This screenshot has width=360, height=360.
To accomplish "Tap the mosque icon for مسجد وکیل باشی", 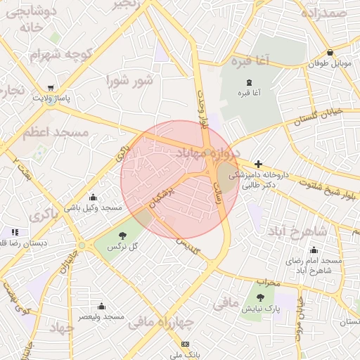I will click(93, 198).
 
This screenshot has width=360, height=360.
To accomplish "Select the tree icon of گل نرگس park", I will click(124, 236).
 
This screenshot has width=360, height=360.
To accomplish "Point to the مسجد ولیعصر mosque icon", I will click(102, 307).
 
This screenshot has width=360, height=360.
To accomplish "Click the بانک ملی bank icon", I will click(185, 344).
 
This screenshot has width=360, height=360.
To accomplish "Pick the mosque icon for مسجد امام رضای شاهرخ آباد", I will click(314, 250).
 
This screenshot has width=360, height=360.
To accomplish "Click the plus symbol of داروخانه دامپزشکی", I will click(258, 164).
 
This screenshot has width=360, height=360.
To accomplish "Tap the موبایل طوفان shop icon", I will click(330, 53).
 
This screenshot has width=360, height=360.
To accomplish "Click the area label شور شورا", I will click(129, 80).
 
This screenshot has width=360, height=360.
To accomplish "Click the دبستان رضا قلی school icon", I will click(15, 232).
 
